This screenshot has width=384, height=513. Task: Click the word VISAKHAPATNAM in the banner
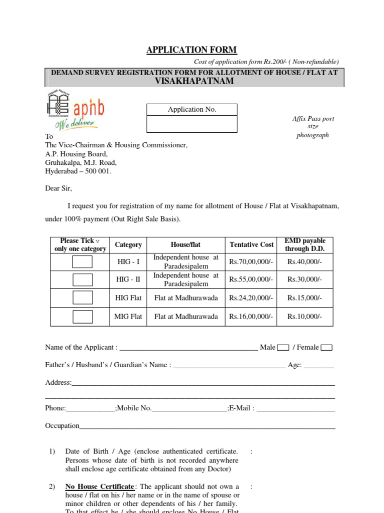coord(194,81)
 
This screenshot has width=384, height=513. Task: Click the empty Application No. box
coord(191,124)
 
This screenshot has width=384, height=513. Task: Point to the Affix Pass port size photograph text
coord(313,127)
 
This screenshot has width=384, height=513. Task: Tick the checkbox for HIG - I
coord(82,262)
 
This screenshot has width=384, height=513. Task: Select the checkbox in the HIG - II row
coord(82,280)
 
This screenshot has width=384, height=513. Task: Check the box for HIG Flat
coord(82,298)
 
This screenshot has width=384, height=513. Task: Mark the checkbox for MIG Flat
coord(82,317)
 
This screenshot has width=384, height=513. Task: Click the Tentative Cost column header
coord(251,244)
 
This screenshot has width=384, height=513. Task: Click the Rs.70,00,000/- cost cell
coord(251,262)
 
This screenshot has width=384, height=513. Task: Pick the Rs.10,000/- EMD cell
coord(304,317)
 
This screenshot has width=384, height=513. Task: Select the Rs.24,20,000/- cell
coord(251,298)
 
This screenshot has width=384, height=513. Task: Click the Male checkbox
coord(282,348)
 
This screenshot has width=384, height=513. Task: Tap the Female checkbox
coord(326,348)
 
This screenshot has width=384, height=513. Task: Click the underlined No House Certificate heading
coord(99,486)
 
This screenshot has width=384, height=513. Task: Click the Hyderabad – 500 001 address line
coord(78,171)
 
